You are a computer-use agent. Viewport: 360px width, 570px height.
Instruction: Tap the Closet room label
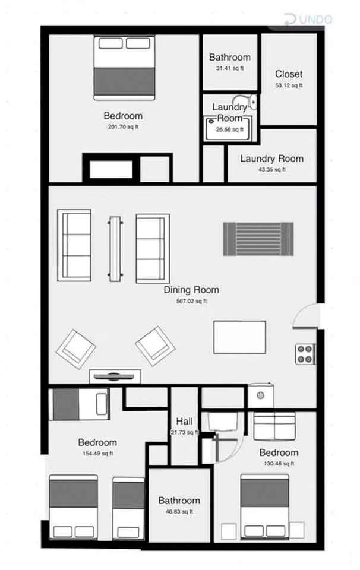pyautogui.click(x=289, y=74)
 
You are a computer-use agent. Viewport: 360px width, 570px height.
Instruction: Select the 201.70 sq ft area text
pyautogui.click(x=123, y=127)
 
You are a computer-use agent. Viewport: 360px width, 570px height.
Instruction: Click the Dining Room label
pyautogui.click(x=191, y=290)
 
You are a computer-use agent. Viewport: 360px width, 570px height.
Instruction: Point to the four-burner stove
pyautogui.click(x=305, y=354)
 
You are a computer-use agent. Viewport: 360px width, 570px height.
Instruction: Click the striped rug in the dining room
pyautogui.click(x=258, y=239)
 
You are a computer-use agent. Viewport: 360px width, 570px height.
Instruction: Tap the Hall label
pyautogui.click(x=184, y=422)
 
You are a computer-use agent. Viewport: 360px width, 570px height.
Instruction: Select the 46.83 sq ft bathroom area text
pyautogui.click(x=179, y=511)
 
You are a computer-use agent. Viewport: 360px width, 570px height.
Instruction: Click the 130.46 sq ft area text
pyautogui.click(x=279, y=464)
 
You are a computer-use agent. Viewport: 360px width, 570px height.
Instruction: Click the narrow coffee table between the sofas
pyautogui.click(x=115, y=249)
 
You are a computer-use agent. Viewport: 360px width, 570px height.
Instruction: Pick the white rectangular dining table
pyautogui.click(x=239, y=337)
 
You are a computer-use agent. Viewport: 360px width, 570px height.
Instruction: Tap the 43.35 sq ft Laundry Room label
pyautogui.click(x=271, y=159)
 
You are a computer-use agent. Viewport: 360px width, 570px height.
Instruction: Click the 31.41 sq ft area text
pyautogui.click(x=229, y=68)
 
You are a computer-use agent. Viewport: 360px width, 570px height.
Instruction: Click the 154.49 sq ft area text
pyautogui.click(x=97, y=453)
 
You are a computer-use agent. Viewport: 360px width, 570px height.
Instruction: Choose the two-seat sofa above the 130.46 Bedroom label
pyautogui.click(x=274, y=426)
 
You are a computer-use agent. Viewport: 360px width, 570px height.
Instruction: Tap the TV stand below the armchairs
pyautogui.click(x=115, y=376)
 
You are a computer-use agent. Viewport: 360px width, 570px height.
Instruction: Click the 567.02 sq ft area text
pyautogui.click(x=191, y=301)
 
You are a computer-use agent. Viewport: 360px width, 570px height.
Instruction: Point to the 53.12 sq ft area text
pyautogui.click(x=289, y=85)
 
